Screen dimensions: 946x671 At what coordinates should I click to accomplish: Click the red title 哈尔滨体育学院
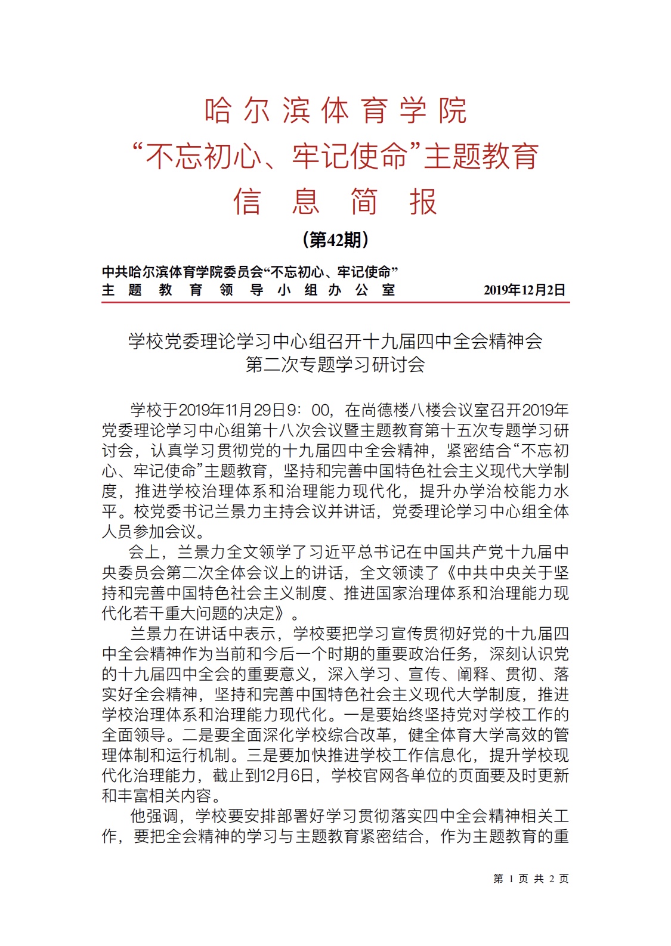pyautogui.click(x=335, y=111)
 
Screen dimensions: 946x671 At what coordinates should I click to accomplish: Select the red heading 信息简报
pyautogui.click(x=335, y=201)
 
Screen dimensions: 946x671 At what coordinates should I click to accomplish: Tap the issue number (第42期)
pyautogui.click(x=335, y=240)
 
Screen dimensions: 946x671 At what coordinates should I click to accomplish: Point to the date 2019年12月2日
pyautogui.click(x=524, y=290)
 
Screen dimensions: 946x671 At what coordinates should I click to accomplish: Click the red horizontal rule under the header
pyautogui.click(x=335, y=303)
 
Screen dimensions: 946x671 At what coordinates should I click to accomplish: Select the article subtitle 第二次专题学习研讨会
pyautogui.click(x=335, y=364)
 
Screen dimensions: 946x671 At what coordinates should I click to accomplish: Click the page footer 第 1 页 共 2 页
pyautogui.click(x=531, y=879)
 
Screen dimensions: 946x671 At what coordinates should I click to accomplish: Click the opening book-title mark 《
pyautogui.click(x=449, y=573)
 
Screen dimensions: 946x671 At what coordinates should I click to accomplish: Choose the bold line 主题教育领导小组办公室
pyautogui.click(x=248, y=290)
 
